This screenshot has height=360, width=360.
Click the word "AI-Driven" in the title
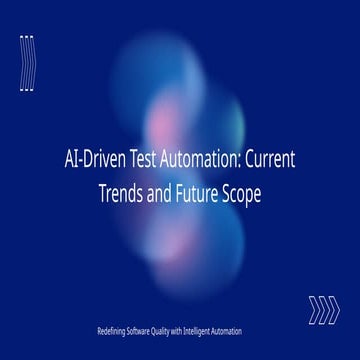click(95, 159)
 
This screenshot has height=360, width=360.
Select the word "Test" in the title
click(143, 159)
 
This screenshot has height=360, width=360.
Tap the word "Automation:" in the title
click(200, 159)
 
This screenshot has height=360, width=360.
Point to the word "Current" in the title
click(270, 159)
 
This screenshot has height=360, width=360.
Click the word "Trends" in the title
click(121, 194)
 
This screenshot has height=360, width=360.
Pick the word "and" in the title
click(159, 194)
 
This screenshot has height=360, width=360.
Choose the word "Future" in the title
click(197, 194)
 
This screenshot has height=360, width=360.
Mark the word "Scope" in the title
click(241, 195)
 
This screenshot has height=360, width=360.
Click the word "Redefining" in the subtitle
click(111, 332)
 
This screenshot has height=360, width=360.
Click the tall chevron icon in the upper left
click(28, 63)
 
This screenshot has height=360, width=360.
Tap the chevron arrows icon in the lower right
click(324, 310)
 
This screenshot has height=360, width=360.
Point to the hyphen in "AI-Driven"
click(80, 162)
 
